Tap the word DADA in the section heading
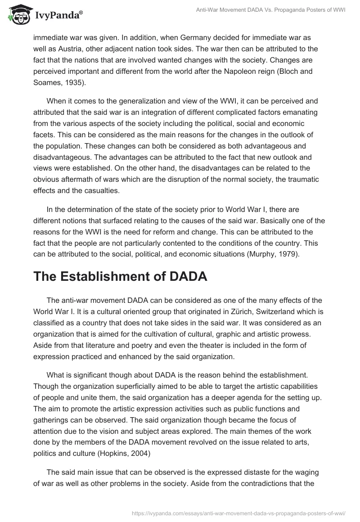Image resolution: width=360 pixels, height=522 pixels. (x=185, y=276)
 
